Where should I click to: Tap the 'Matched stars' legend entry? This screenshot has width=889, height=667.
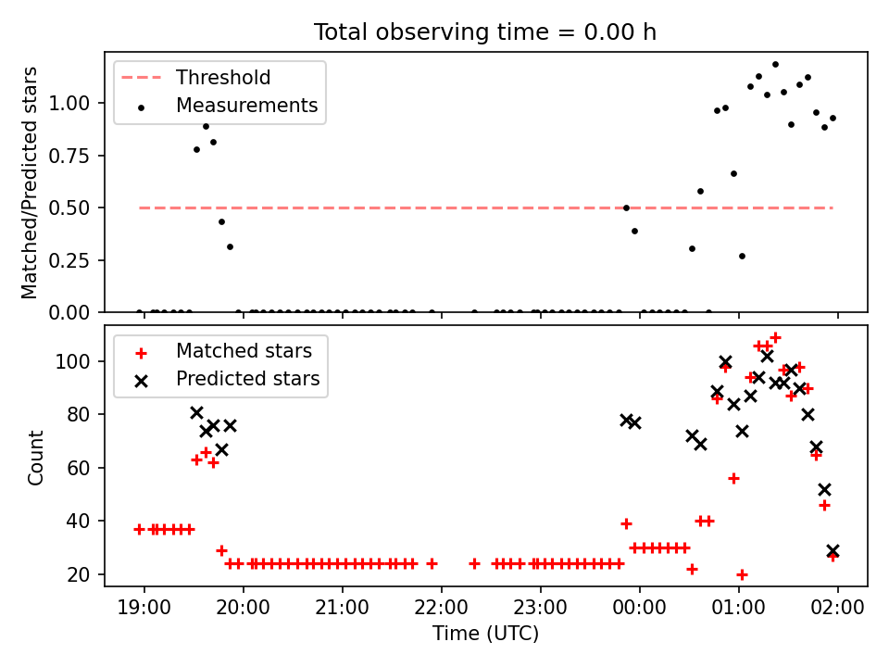click(x=223, y=351)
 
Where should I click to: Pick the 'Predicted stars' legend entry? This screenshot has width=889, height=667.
click(x=227, y=378)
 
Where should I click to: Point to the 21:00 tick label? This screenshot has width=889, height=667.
click(x=342, y=608)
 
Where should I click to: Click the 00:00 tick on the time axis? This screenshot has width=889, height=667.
click(x=640, y=608)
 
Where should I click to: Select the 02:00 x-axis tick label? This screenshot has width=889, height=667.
click(x=837, y=608)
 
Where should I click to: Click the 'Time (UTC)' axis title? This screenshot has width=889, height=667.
click(x=485, y=633)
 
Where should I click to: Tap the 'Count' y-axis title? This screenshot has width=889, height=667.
click(x=35, y=458)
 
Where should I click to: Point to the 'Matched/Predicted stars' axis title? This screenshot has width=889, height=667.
click(x=29, y=182)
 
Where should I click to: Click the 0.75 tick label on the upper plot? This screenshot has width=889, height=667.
click(x=69, y=156)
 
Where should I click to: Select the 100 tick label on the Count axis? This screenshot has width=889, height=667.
click(x=72, y=361)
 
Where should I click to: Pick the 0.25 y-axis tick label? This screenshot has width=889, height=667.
click(x=69, y=260)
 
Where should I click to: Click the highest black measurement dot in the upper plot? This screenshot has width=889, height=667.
click(x=776, y=65)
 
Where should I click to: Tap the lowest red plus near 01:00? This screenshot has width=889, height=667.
click(x=742, y=574)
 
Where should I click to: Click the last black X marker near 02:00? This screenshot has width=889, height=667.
click(x=833, y=550)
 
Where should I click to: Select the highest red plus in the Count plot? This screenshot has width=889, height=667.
click(x=776, y=337)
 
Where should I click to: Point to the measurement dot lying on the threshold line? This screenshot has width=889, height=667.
click(x=627, y=208)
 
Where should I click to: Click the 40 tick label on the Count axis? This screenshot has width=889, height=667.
click(x=78, y=522)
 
